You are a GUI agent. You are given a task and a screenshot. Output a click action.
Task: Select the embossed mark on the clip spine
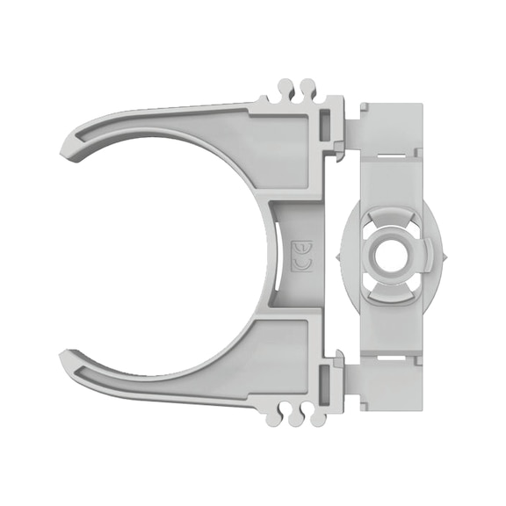pos(298,255)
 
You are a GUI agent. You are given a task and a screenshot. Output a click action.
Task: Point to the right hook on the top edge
pos(307,90)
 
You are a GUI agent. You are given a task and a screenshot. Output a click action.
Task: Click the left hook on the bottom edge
pos(287,416)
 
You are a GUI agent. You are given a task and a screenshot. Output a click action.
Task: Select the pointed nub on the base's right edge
pos(449,255)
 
